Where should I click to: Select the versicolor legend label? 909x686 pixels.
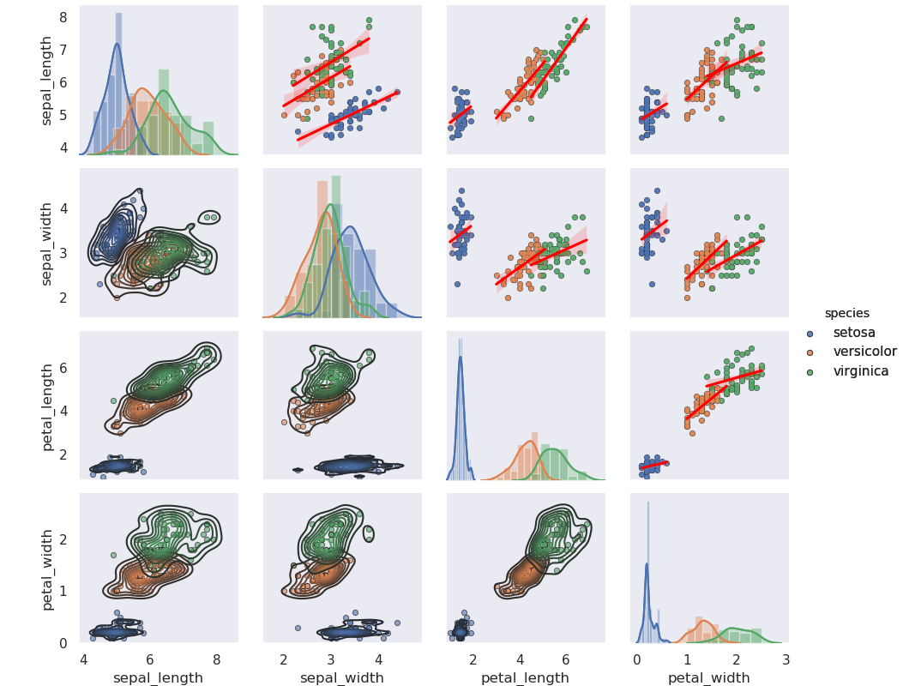coord(865,352)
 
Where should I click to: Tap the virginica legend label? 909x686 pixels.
coord(861,371)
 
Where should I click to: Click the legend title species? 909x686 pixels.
coord(847,313)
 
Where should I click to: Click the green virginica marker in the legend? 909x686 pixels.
coord(810,371)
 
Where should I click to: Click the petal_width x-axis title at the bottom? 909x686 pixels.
coord(709,677)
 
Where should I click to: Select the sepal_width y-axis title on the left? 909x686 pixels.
coord(48,244)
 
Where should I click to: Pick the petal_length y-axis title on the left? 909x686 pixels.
coord(48,406)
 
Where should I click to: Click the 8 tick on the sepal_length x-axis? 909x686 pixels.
coord(216,659)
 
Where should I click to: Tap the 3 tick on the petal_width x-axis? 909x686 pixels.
coord(786,659)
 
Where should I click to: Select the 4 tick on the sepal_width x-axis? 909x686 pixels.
coord(378,659)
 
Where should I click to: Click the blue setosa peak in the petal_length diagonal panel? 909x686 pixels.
coord(461,358)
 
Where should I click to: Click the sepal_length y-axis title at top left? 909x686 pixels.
coord(48,81)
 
